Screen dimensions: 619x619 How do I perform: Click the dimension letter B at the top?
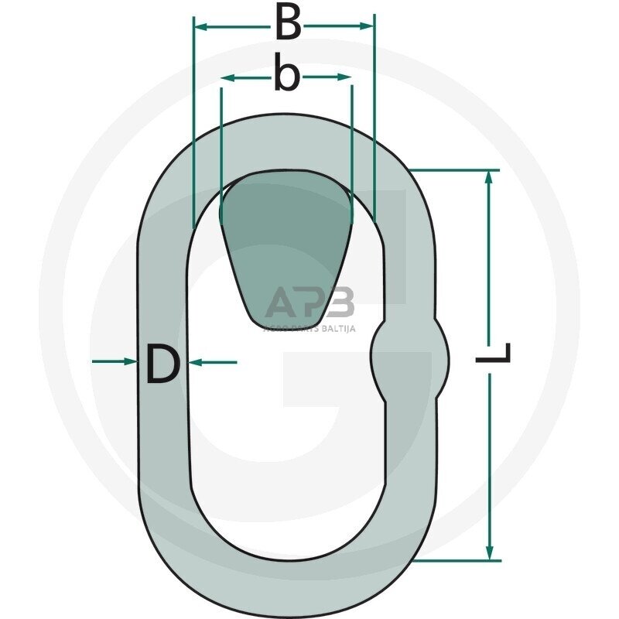tap(288, 25)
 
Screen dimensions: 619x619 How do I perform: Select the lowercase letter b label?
tap(286, 77)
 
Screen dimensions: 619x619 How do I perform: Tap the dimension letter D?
tap(162, 365)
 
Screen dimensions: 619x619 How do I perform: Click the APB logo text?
tap(309, 303)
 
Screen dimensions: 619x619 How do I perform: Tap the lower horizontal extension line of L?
tap(457, 560)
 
